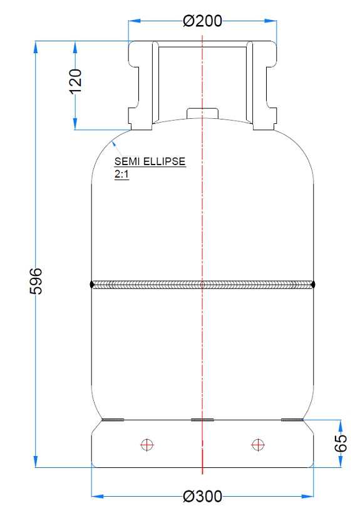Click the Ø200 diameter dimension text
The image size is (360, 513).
tap(202, 21)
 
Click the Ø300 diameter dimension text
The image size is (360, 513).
tap(202, 497)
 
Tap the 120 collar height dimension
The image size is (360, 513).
tap(75, 81)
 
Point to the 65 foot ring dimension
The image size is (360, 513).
tap(340, 443)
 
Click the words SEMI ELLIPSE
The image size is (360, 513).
tap(150, 161)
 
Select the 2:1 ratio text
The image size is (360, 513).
tap(121, 175)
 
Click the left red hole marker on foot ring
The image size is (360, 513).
tap(148, 444)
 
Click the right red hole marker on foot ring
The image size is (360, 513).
tap(256, 444)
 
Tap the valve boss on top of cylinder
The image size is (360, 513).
tap(202, 113)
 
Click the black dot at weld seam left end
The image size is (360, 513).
tap(93, 285)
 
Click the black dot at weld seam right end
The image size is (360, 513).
tap(312, 285)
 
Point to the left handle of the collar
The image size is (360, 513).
tap(140, 84)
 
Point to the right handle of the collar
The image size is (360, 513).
tap(264, 84)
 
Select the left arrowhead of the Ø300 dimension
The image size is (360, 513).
tap(96, 497)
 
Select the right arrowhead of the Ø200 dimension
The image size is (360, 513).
tap(272, 21)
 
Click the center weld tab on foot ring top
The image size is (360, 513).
tap(202, 420)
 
